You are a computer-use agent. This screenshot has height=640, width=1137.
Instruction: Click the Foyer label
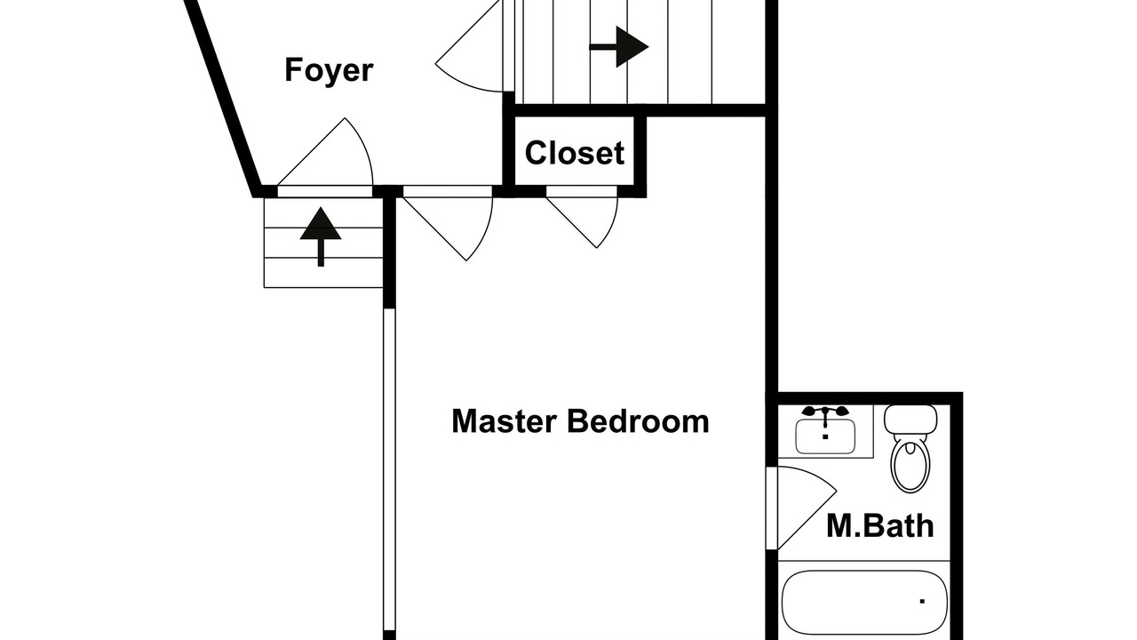tap(329, 70)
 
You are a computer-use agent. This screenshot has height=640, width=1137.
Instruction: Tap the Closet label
tap(574, 152)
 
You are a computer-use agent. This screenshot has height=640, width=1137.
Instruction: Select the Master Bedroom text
tap(580, 421)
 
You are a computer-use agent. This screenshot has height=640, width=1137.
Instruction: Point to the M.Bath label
tap(879, 525)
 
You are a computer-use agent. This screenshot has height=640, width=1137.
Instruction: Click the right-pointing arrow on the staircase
tap(619, 47)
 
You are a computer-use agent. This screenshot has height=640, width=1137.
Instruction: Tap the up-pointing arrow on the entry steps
tap(321, 236)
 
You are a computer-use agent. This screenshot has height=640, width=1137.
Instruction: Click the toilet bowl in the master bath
tap(910, 465)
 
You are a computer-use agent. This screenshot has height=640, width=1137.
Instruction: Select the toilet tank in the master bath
tap(910, 419)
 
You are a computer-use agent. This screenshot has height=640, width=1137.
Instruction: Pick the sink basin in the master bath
tap(825, 436)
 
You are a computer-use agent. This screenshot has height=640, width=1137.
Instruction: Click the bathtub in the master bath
tap(864, 603)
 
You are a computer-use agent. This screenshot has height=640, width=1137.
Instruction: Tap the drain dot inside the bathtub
tap(922, 602)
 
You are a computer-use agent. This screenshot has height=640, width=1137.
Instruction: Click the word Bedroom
tap(638, 421)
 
